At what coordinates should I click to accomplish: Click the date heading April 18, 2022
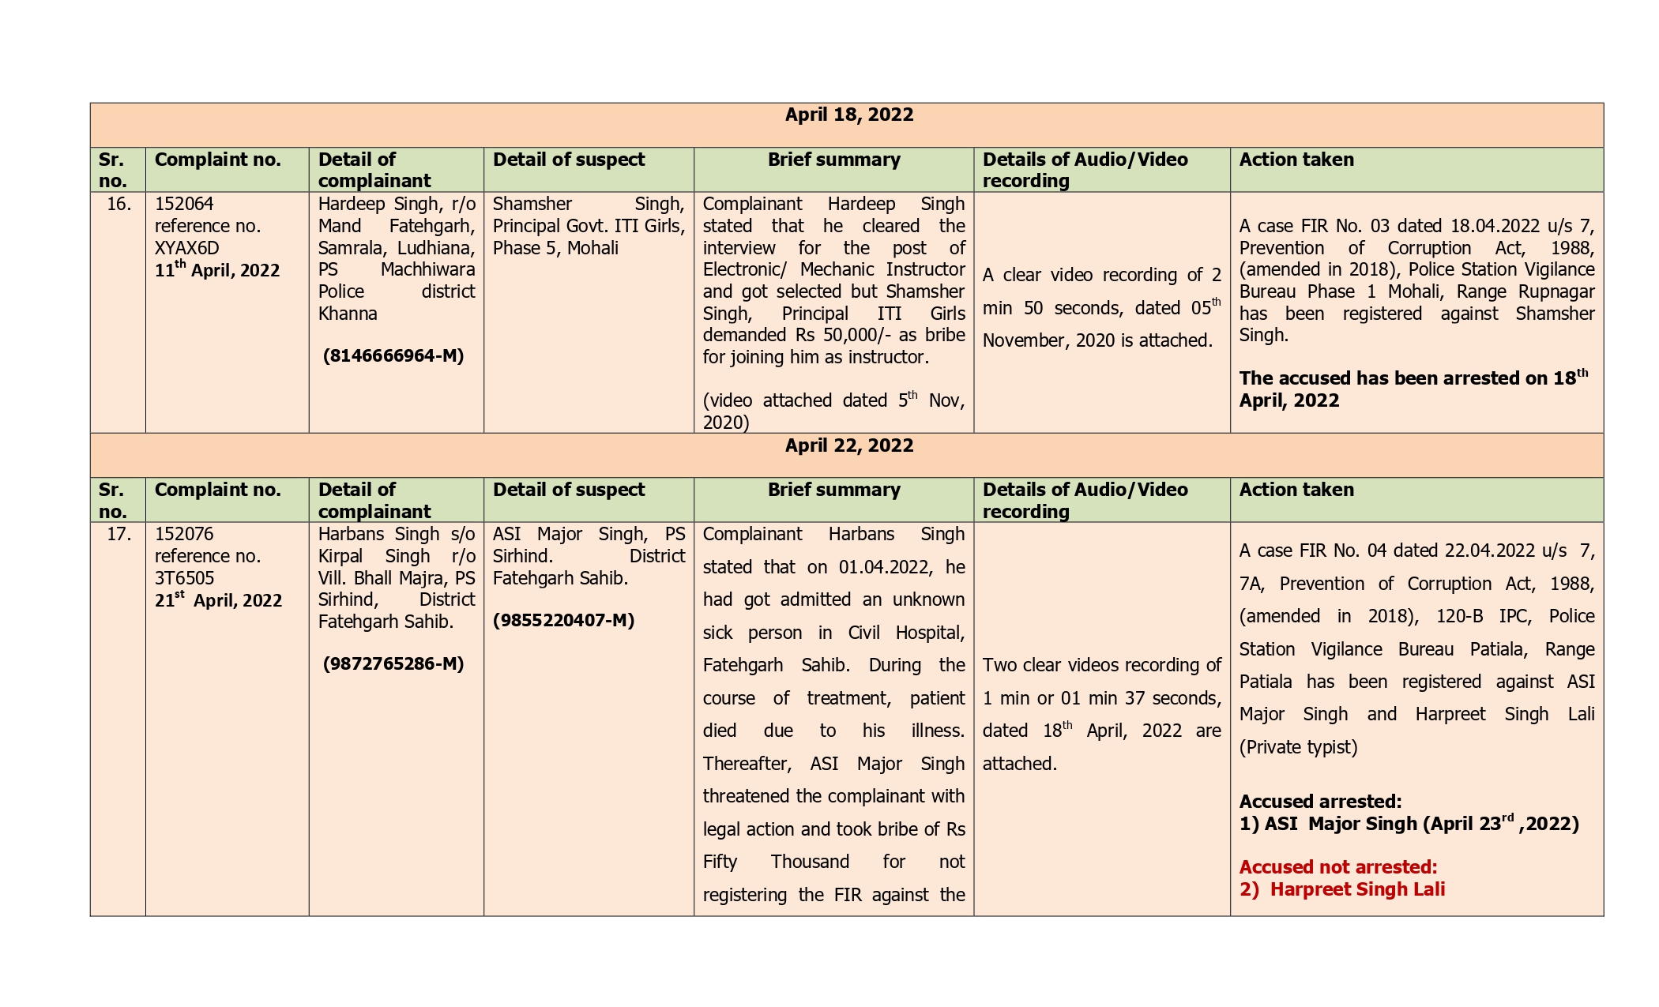click(848, 115)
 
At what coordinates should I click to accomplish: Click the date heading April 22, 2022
click(848, 445)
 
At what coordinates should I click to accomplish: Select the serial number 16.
click(118, 205)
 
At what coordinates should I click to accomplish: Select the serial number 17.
click(118, 535)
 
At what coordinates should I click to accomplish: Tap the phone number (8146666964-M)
click(393, 356)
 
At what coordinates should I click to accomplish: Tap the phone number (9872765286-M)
click(393, 664)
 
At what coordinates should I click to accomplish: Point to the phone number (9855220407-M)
click(564, 621)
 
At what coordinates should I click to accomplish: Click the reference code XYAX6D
click(186, 248)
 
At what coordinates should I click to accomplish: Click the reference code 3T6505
click(184, 578)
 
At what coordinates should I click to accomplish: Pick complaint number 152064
click(184, 205)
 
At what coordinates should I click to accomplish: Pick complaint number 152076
click(184, 535)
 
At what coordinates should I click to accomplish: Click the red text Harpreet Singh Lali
click(1356, 889)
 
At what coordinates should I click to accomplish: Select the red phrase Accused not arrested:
click(1337, 867)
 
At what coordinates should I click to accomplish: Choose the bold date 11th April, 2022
click(217, 270)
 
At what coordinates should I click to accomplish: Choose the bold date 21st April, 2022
click(218, 600)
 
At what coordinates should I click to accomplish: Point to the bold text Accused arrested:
click(1320, 802)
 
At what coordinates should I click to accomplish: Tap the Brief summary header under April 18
click(833, 160)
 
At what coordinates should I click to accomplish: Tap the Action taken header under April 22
click(1296, 490)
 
